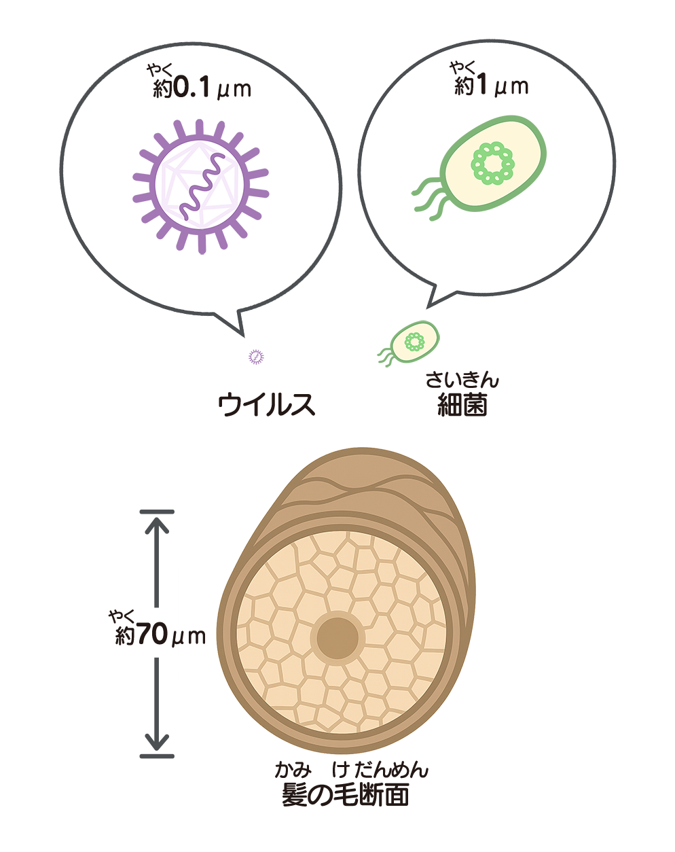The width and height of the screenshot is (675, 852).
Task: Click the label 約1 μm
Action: pyautogui.click(x=492, y=86)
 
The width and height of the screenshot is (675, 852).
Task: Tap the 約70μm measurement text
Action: pyautogui.click(x=160, y=635)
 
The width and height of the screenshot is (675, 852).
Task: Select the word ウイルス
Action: pyautogui.click(x=267, y=405)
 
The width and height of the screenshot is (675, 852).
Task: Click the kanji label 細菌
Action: pyautogui.click(x=462, y=406)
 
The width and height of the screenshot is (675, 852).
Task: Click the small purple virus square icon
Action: pyautogui.click(x=256, y=357)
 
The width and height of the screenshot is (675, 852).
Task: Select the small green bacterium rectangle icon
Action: pyautogui.click(x=408, y=344)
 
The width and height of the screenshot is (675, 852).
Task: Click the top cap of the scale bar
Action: pyautogui.click(x=157, y=512)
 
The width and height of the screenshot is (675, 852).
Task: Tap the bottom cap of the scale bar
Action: pyautogui.click(x=157, y=756)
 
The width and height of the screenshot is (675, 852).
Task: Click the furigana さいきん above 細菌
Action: pyautogui.click(x=462, y=380)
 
